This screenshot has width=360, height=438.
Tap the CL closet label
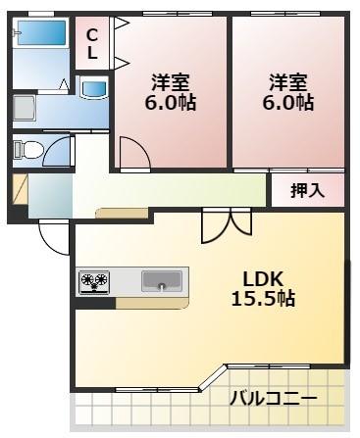click(x=92, y=44)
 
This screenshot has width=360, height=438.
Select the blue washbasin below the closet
click(x=94, y=90)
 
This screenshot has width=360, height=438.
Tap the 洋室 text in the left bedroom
click(x=172, y=80)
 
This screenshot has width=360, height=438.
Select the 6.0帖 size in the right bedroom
click(x=291, y=101)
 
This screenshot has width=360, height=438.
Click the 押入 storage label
click(x=307, y=191)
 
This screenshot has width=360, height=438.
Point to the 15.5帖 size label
click(x=263, y=298)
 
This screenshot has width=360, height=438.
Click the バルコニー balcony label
click(x=273, y=399)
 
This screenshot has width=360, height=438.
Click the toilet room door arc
click(x=60, y=151)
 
